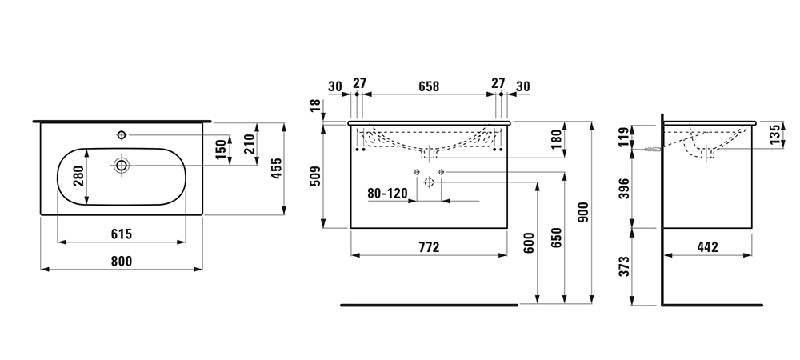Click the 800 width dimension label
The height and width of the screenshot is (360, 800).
click(x=122, y=261)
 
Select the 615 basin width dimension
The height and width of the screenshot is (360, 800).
click(x=122, y=234)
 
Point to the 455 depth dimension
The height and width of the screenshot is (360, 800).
click(x=276, y=168)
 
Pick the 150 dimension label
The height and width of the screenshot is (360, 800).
click(x=221, y=150)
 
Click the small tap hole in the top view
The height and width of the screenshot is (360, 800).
click(x=122, y=134)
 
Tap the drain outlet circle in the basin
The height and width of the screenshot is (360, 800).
click(x=122, y=165)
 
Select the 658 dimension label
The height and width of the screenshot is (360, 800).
click(x=429, y=86)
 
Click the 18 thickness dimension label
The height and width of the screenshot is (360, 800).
click(x=316, y=106)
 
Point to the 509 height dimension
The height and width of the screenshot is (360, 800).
click(x=316, y=176)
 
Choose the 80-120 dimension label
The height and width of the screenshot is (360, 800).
click(x=388, y=194)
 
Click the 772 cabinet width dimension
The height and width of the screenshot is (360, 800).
click(x=429, y=247)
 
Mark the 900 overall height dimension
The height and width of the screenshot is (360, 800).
click(x=584, y=212)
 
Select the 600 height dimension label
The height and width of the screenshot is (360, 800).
click(x=529, y=242)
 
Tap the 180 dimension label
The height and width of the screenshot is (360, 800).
click(x=556, y=139)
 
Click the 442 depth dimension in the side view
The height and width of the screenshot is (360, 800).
click(x=707, y=247)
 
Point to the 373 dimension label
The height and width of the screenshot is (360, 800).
click(x=623, y=266)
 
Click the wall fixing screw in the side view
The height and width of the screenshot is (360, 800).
click(x=653, y=150)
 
